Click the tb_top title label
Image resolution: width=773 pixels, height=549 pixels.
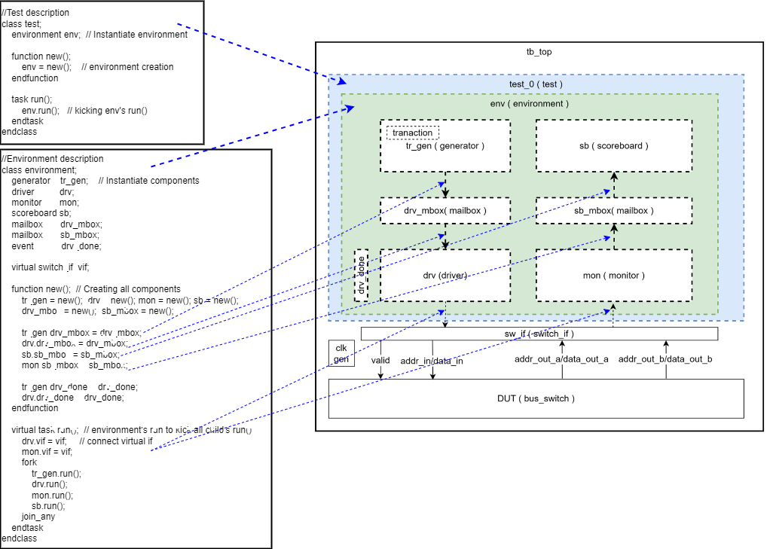[x=539, y=52]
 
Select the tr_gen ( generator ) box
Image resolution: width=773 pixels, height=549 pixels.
[x=445, y=145]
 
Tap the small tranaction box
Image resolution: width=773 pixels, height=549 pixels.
[x=412, y=133]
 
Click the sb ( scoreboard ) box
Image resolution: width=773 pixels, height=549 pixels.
[x=613, y=145]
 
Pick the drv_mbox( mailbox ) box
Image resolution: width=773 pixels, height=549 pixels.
[x=445, y=211]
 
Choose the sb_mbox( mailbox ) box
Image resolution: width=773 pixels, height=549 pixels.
[x=613, y=211]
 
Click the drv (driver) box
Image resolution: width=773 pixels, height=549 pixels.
[x=445, y=276]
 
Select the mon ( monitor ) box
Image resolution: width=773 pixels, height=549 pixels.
[x=613, y=276]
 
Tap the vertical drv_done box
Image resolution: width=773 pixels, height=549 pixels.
[x=362, y=276]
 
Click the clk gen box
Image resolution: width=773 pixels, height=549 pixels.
[x=341, y=354]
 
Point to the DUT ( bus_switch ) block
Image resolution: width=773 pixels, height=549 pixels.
[x=536, y=398]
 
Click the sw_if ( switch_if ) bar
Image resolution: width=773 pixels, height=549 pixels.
[x=539, y=334]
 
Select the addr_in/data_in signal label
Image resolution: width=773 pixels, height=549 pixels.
[x=431, y=361]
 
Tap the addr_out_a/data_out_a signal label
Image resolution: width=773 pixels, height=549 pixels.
[x=561, y=359]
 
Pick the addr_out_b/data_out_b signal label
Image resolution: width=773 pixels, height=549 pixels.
[x=665, y=359]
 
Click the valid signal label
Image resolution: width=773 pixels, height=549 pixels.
[x=380, y=360]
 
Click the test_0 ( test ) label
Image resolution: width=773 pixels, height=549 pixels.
[x=536, y=84]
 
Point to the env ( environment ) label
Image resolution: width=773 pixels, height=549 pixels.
[x=530, y=103]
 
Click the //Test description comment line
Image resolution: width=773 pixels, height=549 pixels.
[x=35, y=13]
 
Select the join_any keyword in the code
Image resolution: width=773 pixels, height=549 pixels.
[x=38, y=517]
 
